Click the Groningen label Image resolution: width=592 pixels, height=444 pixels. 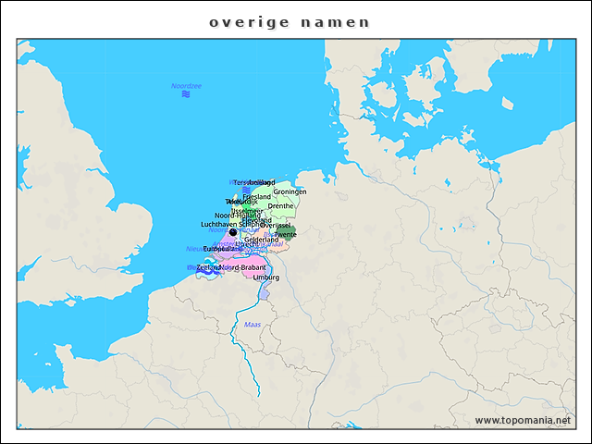coord(290,191)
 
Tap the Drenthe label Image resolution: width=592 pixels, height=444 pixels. coord(280,206)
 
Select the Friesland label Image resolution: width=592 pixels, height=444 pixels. coord(256,197)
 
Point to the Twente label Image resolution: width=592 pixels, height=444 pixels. coord(286,235)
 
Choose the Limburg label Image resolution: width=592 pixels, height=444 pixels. coord(265,277)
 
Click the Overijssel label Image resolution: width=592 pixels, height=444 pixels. coord(276,225)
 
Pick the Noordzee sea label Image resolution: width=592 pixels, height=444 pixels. coord(186,86)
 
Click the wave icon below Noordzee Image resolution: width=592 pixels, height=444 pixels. coord(186,94)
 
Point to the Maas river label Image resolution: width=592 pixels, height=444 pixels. coord(252,324)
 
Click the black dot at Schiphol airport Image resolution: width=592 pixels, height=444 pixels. coord(233,233)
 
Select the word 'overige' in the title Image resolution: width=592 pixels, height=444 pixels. coord(243,22)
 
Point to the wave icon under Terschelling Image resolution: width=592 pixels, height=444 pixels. coord(246,190)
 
